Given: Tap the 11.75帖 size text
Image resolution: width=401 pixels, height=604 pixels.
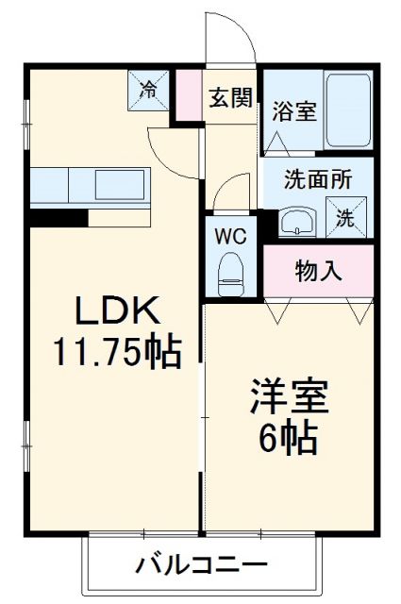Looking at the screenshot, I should [x=115, y=351].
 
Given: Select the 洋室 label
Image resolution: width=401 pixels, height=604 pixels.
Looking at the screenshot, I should [x=288, y=397].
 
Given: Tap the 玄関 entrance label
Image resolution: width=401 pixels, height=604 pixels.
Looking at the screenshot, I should [x=231, y=96].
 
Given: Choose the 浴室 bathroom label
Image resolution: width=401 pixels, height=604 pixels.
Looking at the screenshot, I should [x=293, y=111].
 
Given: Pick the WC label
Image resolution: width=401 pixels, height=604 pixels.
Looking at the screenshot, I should [x=231, y=235].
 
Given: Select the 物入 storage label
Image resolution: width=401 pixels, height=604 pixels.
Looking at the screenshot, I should [x=318, y=271].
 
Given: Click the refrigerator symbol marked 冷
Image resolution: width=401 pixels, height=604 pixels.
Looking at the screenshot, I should [x=149, y=90].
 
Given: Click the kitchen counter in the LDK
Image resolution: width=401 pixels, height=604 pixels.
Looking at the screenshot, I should [x=89, y=186].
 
